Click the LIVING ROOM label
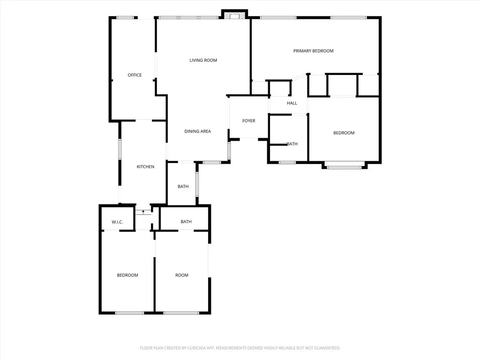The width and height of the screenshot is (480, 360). [203, 60]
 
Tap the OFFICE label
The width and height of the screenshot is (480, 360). [135, 75]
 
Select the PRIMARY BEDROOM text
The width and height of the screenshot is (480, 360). [313, 51]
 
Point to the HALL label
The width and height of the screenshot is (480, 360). [292, 103]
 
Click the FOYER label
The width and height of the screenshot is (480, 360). [248, 121]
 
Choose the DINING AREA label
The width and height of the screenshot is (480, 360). [197, 131]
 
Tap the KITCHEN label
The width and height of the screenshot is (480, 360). [145, 167]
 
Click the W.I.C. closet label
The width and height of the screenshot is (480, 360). [117, 222]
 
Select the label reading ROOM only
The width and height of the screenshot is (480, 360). [182, 275]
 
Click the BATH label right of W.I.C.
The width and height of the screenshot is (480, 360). [186, 222]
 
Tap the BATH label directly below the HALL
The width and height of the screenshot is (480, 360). [292, 144]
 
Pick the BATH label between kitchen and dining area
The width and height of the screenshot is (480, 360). [183, 187]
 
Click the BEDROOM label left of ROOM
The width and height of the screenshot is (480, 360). [127, 275]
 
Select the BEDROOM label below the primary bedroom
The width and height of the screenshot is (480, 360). [344, 133]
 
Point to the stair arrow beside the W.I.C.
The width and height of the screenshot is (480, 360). [143, 212]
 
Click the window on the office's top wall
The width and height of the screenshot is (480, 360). [125, 18]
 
